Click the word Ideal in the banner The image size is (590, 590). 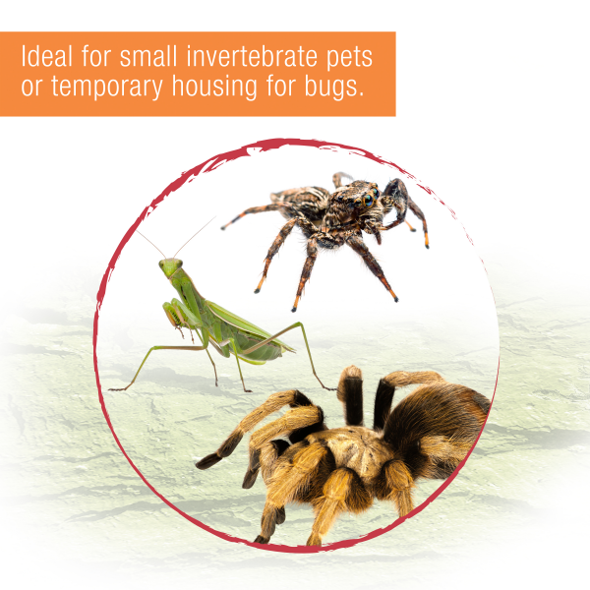pos(45,55)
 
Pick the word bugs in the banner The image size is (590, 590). pos(339,87)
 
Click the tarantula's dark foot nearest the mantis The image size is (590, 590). pos(208,459)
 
